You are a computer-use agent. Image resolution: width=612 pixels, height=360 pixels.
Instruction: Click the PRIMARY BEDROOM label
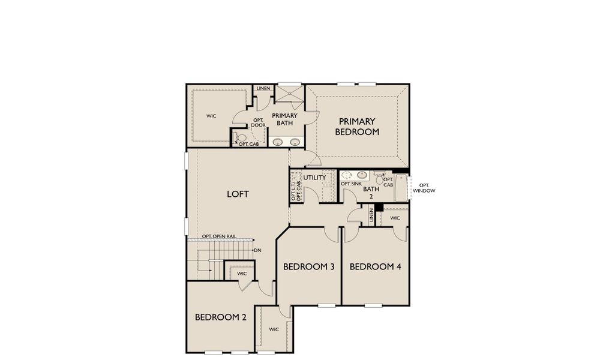tap(357, 127)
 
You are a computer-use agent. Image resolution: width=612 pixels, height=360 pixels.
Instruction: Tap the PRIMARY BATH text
tap(284, 119)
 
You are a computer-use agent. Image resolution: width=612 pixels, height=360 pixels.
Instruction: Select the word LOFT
tap(238, 194)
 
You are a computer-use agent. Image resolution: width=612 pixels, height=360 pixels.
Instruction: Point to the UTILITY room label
tap(314, 178)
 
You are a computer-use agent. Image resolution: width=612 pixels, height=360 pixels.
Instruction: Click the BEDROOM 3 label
tap(308, 266)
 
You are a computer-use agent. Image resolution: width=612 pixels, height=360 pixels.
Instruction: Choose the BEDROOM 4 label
tap(375, 266)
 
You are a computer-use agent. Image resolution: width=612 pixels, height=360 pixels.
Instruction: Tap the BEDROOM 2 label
tap(221, 317)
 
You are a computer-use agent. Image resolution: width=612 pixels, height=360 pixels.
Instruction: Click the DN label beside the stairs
tap(257, 250)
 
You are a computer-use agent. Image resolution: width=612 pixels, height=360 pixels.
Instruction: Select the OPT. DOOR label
tap(259, 122)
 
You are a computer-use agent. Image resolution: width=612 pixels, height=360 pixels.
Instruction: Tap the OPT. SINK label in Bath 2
tap(351, 184)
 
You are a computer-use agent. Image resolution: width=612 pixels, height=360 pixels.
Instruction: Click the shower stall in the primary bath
tap(289, 94)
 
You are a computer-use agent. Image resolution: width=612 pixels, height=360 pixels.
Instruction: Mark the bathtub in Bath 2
tap(401, 187)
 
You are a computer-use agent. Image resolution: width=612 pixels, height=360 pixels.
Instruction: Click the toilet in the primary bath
tap(241, 137)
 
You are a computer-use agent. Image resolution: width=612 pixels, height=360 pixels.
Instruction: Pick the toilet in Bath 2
tap(380, 178)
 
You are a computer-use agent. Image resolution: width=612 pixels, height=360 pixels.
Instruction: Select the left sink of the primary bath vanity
tap(278, 142)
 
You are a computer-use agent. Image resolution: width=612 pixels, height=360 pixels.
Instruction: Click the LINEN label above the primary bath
tap(263, 89)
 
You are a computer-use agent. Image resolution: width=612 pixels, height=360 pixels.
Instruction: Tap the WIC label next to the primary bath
tap(211, 116)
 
